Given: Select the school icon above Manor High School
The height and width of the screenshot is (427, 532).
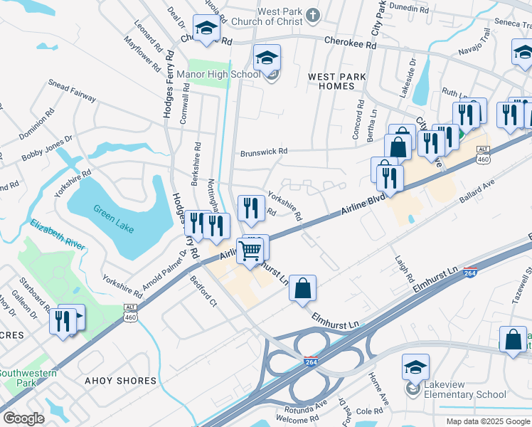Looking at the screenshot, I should click(267, 58).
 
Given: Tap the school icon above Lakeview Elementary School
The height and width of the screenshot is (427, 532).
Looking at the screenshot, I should click(415, 367).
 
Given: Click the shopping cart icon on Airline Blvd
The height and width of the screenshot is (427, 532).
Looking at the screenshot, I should click(250, 251).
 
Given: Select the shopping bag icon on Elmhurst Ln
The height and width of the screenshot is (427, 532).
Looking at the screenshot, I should click(302, 288).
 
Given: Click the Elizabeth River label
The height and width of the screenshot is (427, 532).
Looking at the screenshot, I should click(58, 233).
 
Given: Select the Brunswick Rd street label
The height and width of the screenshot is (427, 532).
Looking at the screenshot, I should click(263, 152).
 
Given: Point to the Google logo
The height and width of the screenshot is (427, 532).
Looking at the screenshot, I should click(23, 418).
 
